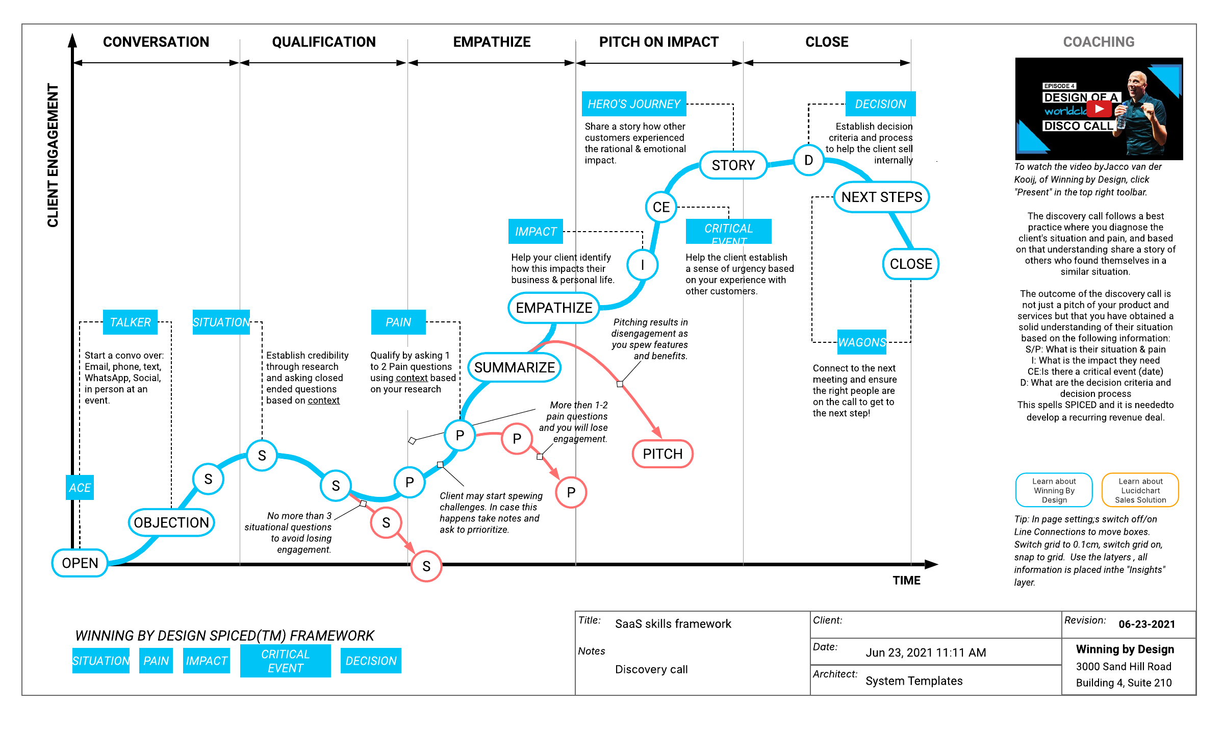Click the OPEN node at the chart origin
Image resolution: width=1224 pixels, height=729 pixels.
[80, 563]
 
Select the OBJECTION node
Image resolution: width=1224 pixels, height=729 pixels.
[171, 522]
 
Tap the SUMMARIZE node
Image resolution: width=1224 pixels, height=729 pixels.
[515, 367]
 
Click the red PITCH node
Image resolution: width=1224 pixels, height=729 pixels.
[662, 454]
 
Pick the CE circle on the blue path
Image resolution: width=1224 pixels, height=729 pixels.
[661, 207]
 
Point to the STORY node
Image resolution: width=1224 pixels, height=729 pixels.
[733, 165]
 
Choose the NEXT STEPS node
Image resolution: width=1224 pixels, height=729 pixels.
[882, 197]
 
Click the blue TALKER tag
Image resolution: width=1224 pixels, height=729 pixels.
[130, 322]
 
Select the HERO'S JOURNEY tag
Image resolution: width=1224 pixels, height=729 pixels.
[634, 104]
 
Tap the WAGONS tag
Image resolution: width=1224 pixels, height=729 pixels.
[862, 342]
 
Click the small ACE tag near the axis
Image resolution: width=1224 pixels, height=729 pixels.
[80, 488]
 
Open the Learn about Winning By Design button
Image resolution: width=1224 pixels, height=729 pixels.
[1054, 490]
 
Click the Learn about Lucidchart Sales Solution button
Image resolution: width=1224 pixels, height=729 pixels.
[1140, 490]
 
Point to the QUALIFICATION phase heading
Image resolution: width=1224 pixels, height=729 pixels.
[324, 42]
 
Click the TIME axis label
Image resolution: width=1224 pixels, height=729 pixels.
[906, 581]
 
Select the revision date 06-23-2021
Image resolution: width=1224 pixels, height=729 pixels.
[1146, 624]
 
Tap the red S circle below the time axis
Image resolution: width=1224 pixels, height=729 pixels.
[426, 566]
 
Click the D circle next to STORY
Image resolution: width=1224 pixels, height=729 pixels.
[808, 160]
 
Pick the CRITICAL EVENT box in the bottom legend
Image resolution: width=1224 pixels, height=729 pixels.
[286, 661]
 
